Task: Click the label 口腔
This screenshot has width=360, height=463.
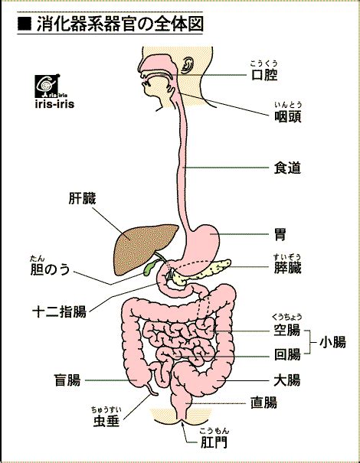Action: [x=264, y=75]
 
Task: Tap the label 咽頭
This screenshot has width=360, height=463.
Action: [x=288, y=116]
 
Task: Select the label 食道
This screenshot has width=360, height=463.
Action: [x=287, y=168]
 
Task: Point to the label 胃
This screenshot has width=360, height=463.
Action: [x=280, y=235]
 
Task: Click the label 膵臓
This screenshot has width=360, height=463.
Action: [x=287, y=268]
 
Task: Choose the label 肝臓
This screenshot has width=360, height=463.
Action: [x=83, y=199]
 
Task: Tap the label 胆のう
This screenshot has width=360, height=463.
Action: [x=51, y=269]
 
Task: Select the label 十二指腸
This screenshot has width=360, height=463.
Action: [x=59, y=311]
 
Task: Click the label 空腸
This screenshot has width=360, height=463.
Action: [x=287, y=330]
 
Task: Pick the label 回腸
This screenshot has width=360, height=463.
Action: [x=287, y=354]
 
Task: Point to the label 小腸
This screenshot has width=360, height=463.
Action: [x=332, y=343]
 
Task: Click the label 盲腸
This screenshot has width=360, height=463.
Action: [x=67, y=380]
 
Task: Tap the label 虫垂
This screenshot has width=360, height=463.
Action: [x=106, y=421]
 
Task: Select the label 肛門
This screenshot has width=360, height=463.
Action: [x=214, y=442]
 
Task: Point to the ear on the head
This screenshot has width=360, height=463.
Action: [x=186, y=66]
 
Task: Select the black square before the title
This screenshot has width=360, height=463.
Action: [x=25, y=24]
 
